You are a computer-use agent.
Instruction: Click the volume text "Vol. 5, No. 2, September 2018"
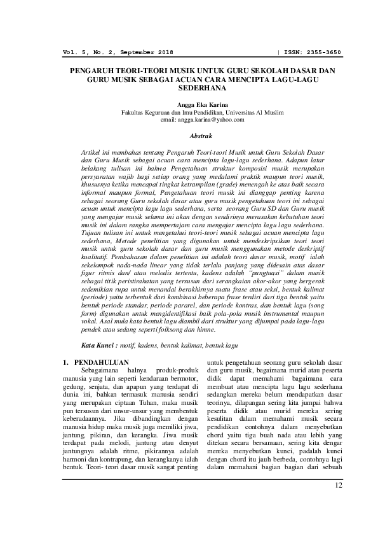pos(118,52)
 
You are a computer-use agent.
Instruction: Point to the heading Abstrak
pos(189,135)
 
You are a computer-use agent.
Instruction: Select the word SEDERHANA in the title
pos(189,90)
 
